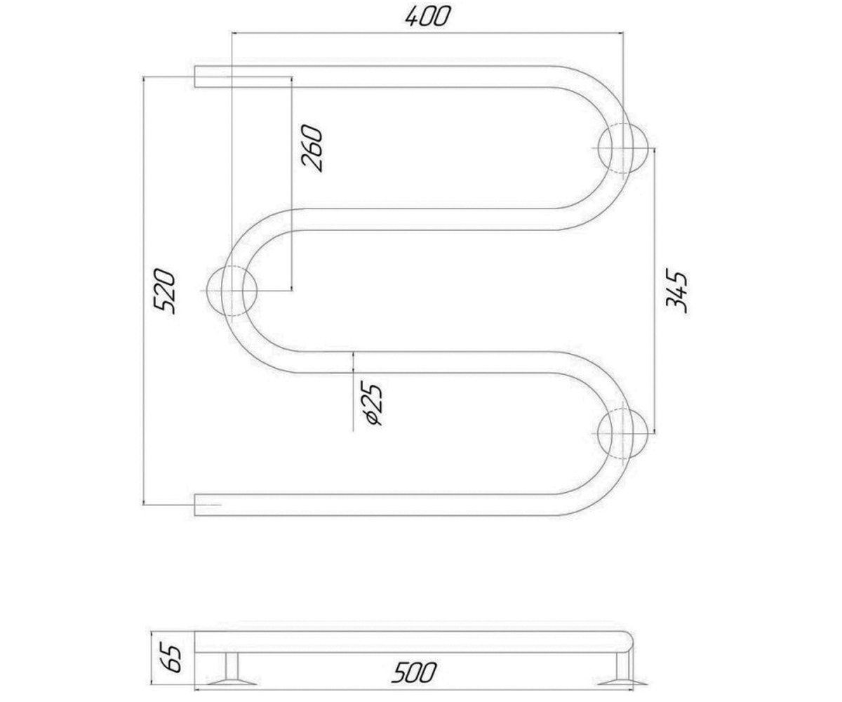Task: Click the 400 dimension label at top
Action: click(427, 17)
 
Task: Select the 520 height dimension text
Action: click(164, 291)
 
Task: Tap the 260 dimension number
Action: click(312, 148)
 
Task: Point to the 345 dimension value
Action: click(676, 291)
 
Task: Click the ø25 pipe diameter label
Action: click(373, 403)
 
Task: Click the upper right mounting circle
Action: click(624, 148)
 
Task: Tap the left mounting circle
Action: click(232, 291)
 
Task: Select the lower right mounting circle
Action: click(624, 433)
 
